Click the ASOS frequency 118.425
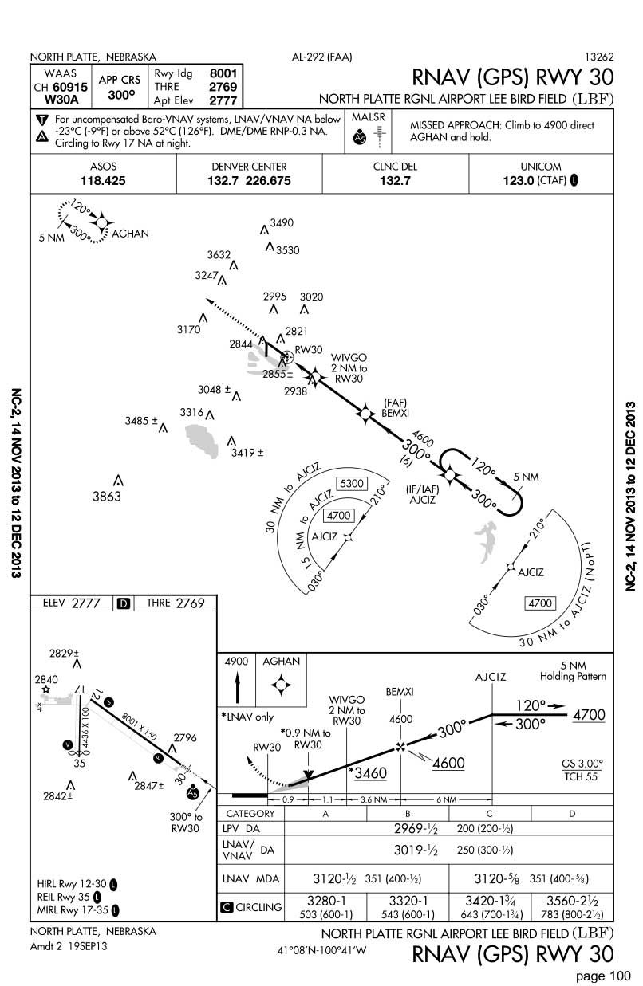coord(103,181)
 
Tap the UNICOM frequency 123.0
coord(519,181)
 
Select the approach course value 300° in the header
coord(121,95)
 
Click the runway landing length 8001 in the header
coord(223,73)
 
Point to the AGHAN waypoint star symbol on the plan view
coord(102,223)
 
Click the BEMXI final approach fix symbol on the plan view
coord(365,414)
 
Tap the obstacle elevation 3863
coord(107,497)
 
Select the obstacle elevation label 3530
coord(287,250)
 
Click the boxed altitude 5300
coord(352,484)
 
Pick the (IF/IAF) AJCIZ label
coord(422,494)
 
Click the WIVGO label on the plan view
coord(349,357)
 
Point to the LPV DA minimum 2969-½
coord(416,828)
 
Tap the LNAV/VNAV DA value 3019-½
coord(416,850)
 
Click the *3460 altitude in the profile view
coord(368,773)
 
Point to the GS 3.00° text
coord(582,764)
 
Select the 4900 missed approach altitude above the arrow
coord(236,662)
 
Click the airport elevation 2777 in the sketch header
coord(86,603)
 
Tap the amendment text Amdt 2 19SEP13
coord(69,946)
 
